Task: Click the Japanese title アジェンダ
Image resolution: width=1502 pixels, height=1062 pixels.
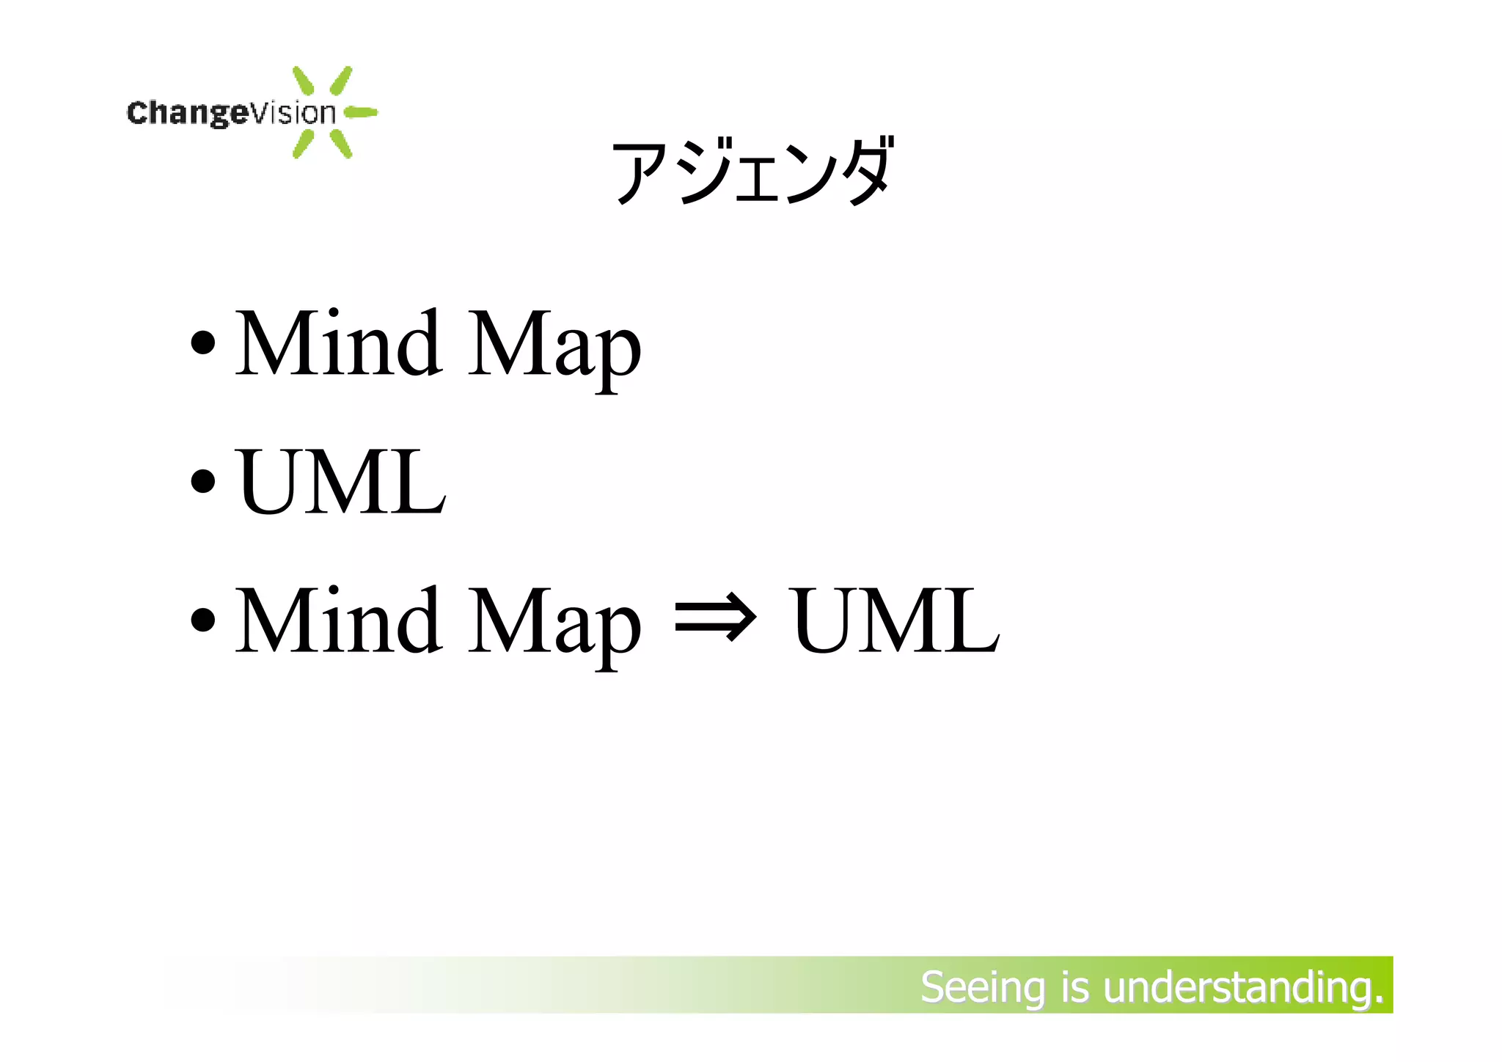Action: click(752, 172)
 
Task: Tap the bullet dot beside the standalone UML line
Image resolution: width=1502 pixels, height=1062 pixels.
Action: click(202, 482)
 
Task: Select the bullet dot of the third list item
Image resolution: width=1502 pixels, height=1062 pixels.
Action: click(202, 620)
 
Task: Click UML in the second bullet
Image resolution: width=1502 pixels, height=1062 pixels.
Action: click(342, 482)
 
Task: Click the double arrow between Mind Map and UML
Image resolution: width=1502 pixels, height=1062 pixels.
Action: click(714, 620)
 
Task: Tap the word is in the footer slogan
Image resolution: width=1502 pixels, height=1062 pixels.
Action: click(1074, 987)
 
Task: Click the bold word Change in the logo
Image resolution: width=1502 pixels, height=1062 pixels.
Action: click(188, 113)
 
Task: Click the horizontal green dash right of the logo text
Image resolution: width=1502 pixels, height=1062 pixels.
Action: click(361, 112)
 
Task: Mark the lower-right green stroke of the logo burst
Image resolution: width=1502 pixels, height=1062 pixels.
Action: click(341, 143)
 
